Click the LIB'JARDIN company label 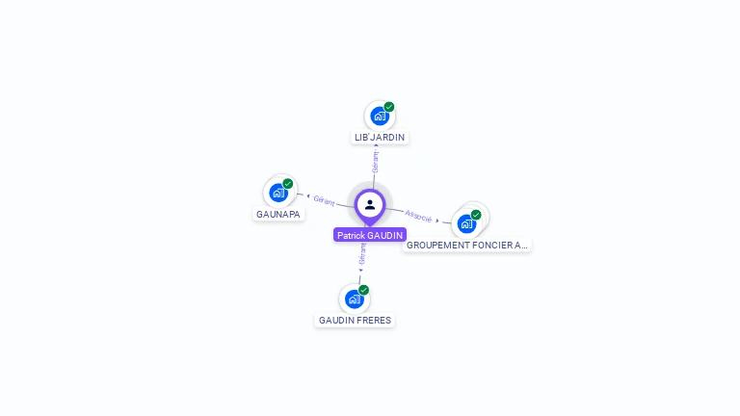coord(380,138)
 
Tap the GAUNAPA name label coord(277,214)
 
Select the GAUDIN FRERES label coord(355,321)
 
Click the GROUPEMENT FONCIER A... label coord(466,246)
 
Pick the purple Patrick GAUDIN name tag coord(370,235)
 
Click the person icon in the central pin coord(370,205)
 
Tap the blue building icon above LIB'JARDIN coord(379,116)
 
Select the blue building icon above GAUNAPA coord(278,193)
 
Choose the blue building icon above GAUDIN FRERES coord(354,299)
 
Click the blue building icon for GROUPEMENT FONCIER coord(466,224)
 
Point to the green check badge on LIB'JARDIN coord(389,107)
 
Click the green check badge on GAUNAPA coord(288,184)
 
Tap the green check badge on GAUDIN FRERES coord(363,290)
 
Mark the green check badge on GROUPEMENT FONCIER coord(476,215)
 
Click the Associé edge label coord(418,216)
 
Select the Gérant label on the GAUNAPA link coord(324,201)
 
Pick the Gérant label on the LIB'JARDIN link coord(375,162)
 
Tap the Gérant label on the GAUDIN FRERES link coord(362,254)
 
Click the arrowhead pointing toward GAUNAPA coord(308,195)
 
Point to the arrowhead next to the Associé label coord(437,221)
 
